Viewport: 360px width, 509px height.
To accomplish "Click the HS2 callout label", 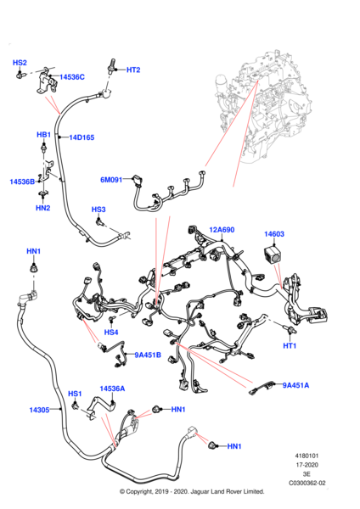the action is pyautogui.click(x=20, y=63).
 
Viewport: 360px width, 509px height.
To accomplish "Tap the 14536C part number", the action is pyautogui.click(x=72, y=77).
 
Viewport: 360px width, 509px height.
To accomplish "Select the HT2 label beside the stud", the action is pyautogui.click(x=133, y=70).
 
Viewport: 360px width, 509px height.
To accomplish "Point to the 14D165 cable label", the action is pyautogui.click(x=82, y=137).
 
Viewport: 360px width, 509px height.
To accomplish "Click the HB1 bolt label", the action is pyautogui.click(x=43, y=134).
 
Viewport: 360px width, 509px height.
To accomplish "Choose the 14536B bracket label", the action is pyautogui.click(x=22, y=182).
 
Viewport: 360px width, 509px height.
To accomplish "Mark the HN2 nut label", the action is pyautogui.click(x=43, y=208).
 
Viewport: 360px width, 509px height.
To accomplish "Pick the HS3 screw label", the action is pyautogui.click(x=98, y=210).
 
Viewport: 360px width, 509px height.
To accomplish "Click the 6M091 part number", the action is pyautogui.click(x=111, y=180).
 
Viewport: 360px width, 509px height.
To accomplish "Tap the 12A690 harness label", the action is pyautogui.click(x=222, y=230).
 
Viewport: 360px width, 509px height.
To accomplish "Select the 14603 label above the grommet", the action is pyautogui.click(x=274, y=234).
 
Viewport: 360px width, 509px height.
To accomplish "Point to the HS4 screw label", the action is pyautogui.click(x=111, y=333).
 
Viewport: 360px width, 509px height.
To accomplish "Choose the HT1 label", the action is pyautogui.click(x=290, y=346).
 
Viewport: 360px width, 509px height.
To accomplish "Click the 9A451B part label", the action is pyautogui.click(x=148, y=355).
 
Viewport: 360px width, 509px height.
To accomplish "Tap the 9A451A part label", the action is pyautogui.click(x=295, y=385).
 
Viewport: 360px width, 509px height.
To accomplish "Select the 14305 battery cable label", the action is pyautogui.click(x=39, y=410).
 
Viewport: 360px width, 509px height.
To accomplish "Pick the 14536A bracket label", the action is pyautogui.click(x=112, y=389).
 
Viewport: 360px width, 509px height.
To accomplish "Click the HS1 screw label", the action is pyautogui.click(x=75, y=394).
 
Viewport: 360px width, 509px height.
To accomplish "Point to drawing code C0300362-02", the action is pyautogui.click(x=307, y=483).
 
